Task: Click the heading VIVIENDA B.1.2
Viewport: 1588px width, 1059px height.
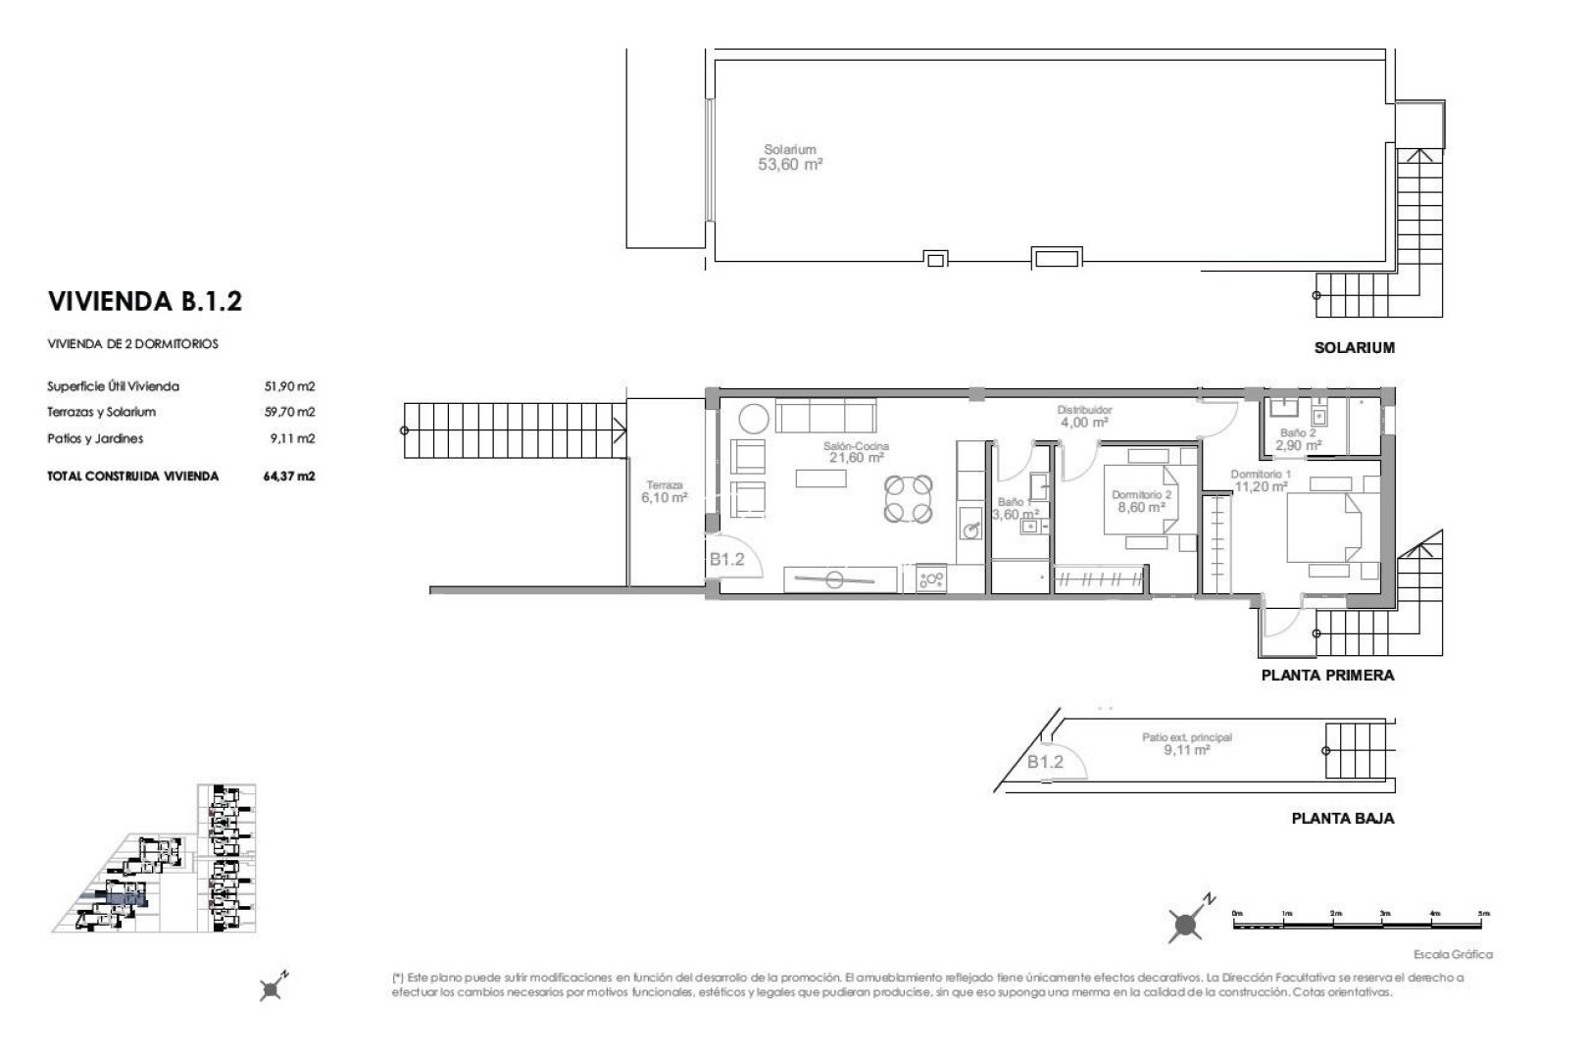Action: click(x=144, y=301)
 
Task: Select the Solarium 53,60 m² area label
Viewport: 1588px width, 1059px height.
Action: click(x=789, y=159)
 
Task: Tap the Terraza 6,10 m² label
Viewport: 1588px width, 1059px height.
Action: click(x=664, y=491)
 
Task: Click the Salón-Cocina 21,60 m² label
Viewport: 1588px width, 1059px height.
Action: click(x=856, y=451)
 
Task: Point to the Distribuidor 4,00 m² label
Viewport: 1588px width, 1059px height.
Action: click(x=1083, y=416)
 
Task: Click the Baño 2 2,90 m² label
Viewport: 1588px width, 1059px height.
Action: click(x=1298, y=438)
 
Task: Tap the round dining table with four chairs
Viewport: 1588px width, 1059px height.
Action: click(x=908, y=498)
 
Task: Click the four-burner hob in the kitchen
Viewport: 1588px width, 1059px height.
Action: click(x=931, y=580)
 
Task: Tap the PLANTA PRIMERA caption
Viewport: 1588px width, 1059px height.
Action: click(x=1326, y=676)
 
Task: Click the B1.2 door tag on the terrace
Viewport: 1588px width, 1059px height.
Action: click(x=726, y=561)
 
